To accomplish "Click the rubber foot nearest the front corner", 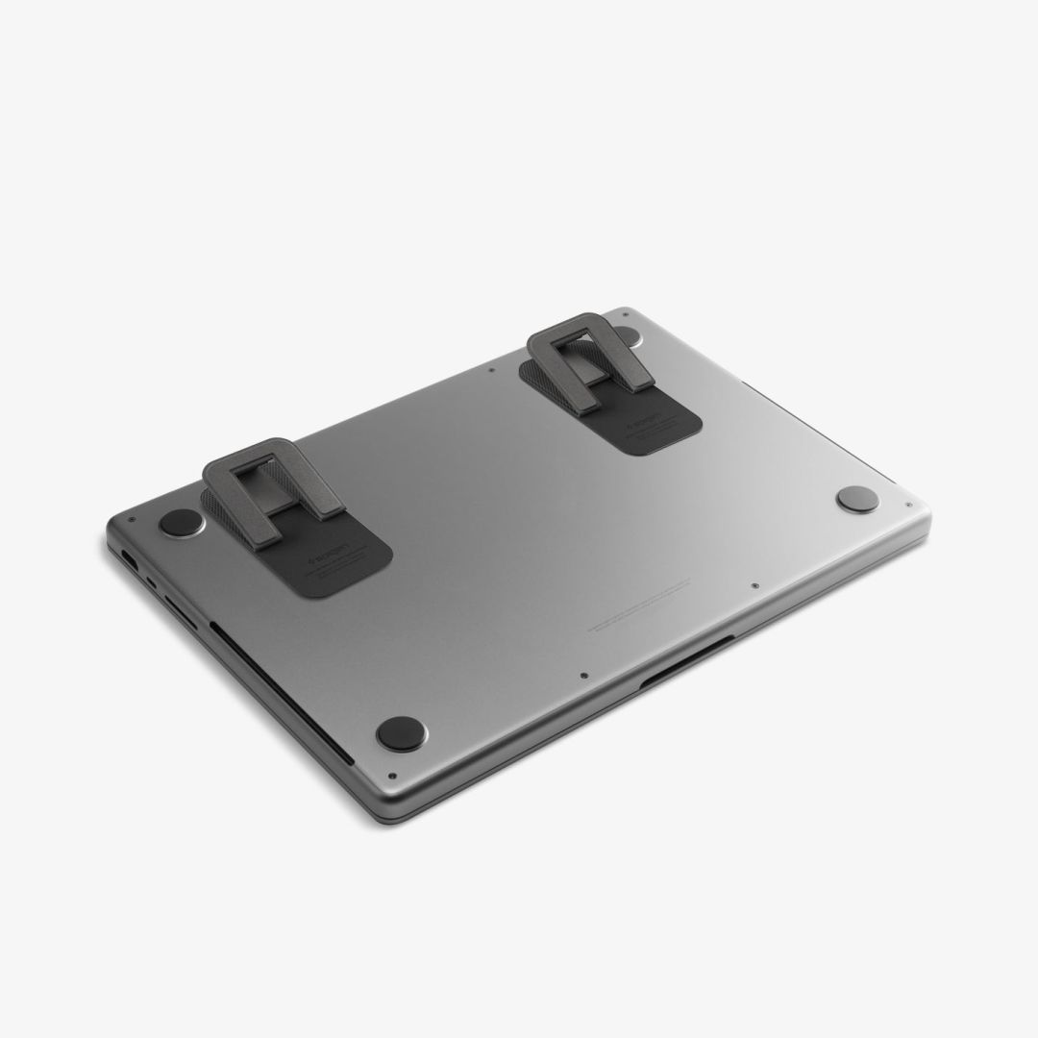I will [401, 733].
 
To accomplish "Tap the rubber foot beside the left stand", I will [181, 522].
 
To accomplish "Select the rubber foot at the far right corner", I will [856, 498].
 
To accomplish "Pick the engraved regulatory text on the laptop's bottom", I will [639, 605].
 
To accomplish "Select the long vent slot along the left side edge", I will [279, 692].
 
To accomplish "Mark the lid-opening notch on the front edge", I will [687, 663].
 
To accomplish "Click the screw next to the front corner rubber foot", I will [391, 776].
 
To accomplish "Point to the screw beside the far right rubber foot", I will [907, 505].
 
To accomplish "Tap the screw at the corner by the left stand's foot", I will [132, 520].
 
